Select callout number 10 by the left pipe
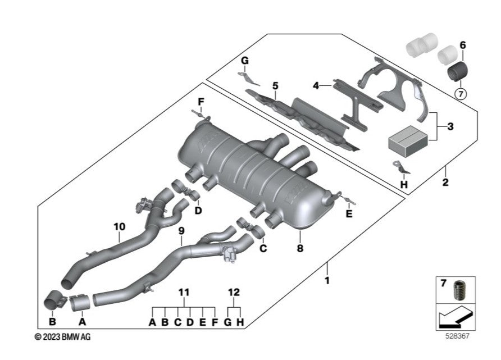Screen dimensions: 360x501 (119, 227)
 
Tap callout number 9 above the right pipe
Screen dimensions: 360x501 (181, 230)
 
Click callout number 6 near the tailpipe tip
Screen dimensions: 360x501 (462, 44)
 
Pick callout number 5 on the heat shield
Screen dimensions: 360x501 (275, 85)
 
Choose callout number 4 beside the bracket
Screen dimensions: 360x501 (316, 85)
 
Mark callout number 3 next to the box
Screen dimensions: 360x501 (450, 127)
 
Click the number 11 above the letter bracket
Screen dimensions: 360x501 (184, 293)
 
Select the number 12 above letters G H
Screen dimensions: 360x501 (234, 293)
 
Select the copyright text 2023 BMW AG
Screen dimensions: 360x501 (62, 336)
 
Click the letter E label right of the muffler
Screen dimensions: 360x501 (349, 214)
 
